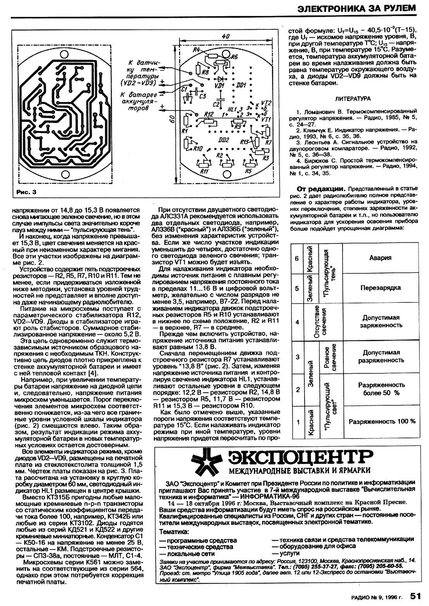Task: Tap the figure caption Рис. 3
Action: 26,192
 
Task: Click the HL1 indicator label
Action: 232,109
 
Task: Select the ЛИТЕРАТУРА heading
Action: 353,99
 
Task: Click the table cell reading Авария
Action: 380,257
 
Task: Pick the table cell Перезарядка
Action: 380,288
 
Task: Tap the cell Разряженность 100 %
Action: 382,421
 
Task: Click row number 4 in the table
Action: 297,322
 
